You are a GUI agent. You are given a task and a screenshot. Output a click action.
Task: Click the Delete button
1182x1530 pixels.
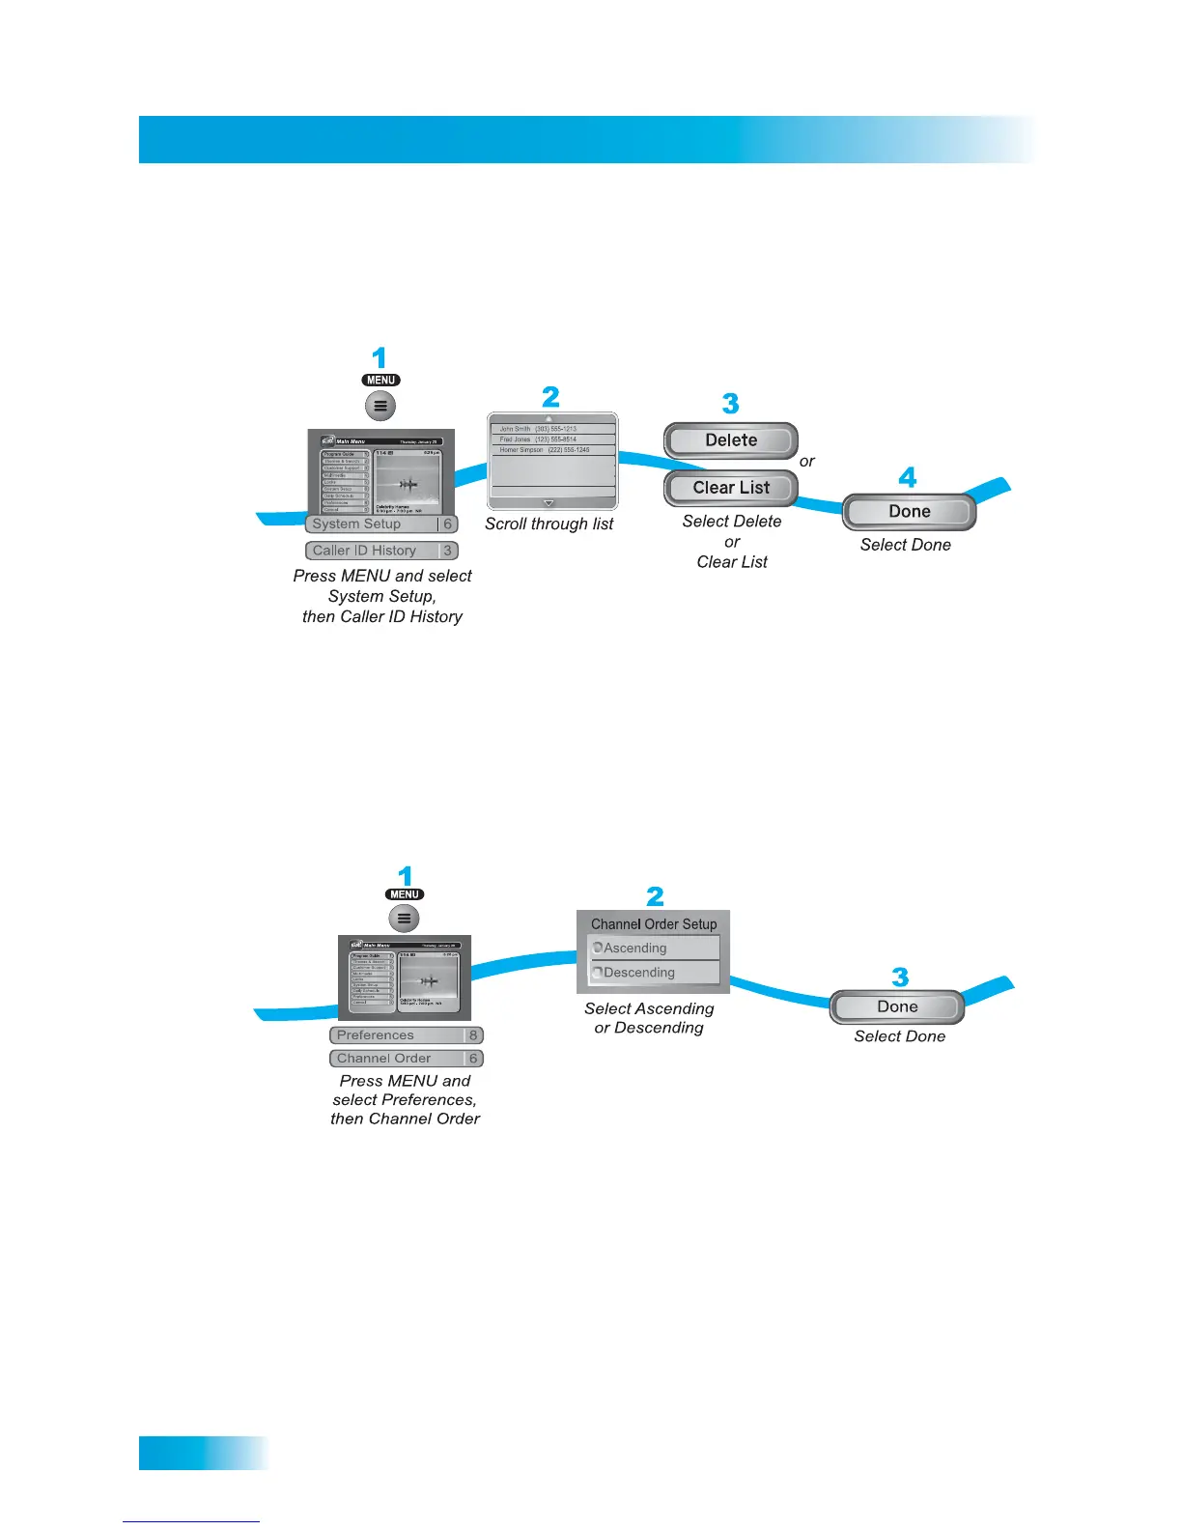pyautogui.click(x=731, y=440)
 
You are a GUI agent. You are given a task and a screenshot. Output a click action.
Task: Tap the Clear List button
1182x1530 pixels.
pyautogui.click(x=731, y=488)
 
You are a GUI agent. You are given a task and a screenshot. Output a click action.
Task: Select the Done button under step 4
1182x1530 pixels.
pyautogui.click(x=909, y=512)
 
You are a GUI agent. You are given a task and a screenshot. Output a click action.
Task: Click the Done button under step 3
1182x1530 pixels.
pyautogui.click(x=897, y=1007)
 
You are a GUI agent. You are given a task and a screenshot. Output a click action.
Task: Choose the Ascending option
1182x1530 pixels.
pyautogui.click(x=654, y=949)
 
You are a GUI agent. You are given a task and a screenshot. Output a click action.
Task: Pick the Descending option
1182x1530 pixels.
pyautogui.click(x=654, y=973)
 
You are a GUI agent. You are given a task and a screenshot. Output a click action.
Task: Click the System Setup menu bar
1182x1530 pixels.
pyautogui.click(x=381, y=524)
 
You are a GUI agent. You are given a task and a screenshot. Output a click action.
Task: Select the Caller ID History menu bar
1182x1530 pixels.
pyautogui.click(x=381, y=551)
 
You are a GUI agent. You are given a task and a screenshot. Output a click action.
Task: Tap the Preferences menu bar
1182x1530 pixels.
pyautogui.click(x=406, y=1035)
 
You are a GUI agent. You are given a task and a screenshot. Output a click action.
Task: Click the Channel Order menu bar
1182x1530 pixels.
pyautogui.click(x=406, y=1059)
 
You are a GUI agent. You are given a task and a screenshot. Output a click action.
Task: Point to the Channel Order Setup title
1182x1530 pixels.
pyautogui.click(x=654, y=924)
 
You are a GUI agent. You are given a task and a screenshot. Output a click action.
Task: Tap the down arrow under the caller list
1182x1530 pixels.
pyautogui.click(x=549, y=503)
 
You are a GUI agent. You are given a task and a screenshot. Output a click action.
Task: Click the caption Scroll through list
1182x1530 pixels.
pyautogui.click(x=549, y=524)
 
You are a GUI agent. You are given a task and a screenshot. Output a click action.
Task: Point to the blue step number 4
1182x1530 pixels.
pyautogui.click(x=908, y=477)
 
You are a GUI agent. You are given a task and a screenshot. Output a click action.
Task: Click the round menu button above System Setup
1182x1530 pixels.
pyautogui.click(x=380, y=406)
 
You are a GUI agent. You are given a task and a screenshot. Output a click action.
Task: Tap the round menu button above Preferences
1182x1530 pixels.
pyautogui.click(x=405, y=919)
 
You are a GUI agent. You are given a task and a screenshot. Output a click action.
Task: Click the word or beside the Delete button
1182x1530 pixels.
pyautogui.click(x=807, y=462)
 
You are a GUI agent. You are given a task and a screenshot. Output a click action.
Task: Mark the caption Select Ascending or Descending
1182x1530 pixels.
pyautogui.click(x=649, y=1018)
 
